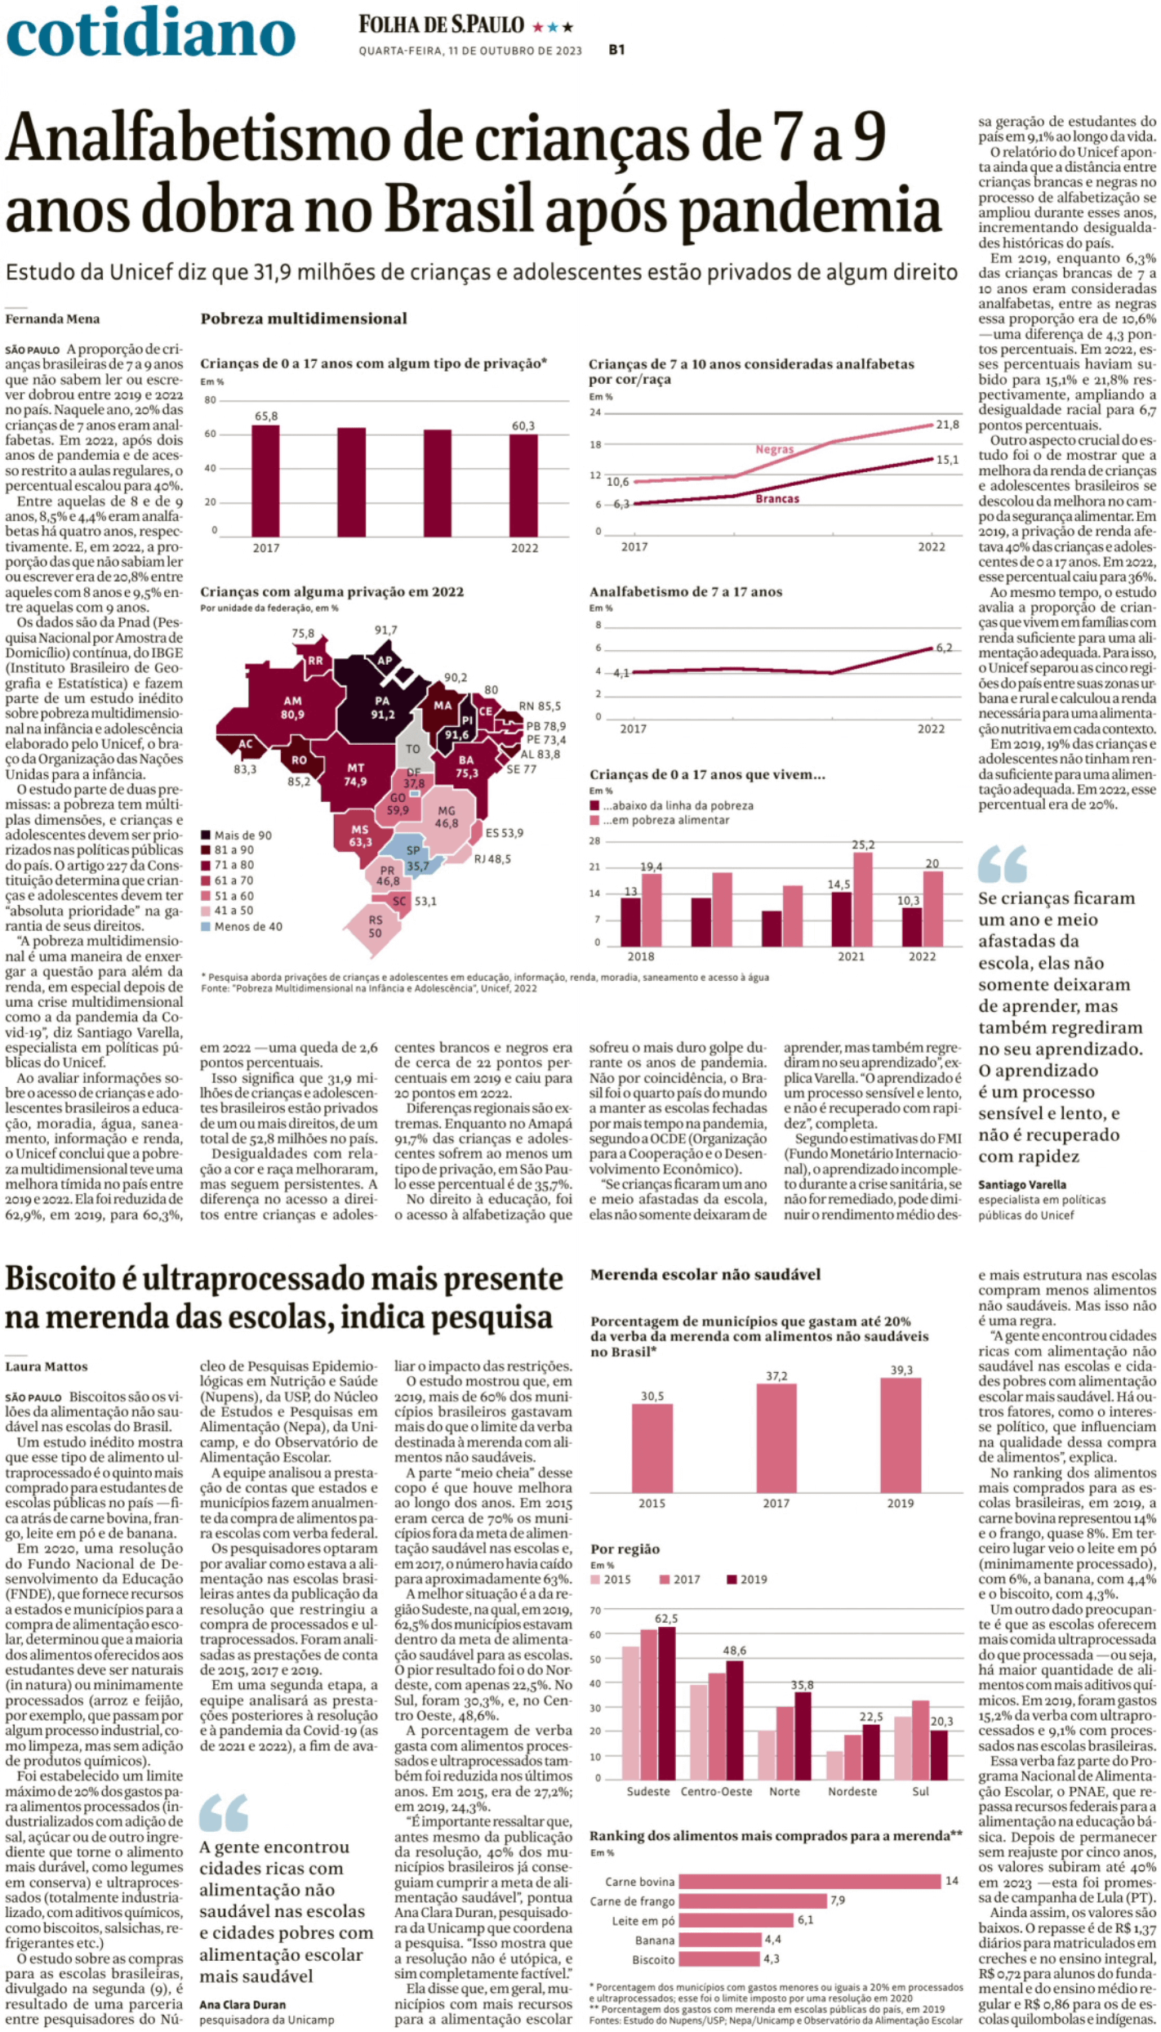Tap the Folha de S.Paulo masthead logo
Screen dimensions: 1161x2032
click(441, 25)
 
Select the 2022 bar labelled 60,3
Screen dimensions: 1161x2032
click(524, 485)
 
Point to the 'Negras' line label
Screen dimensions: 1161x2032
click(774, 449)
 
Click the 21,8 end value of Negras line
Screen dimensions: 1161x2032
click(947, 425)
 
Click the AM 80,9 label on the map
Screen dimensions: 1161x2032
click(292, 707)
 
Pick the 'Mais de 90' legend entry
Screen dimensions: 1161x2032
click(237, 835)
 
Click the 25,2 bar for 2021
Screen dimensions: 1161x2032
click(863, 899)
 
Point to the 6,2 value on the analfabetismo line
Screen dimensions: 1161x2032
click(944, 648)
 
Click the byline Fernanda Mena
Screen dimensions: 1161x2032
click(52, 319)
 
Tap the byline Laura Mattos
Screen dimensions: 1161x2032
click(47, 1366)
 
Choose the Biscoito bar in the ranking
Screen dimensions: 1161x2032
click(719, 1958)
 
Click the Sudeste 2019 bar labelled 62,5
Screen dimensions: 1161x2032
click(666, 1704)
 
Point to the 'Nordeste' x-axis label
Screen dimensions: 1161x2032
click(852, 1791)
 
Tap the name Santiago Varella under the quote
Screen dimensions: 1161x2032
click(1022, 1184)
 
